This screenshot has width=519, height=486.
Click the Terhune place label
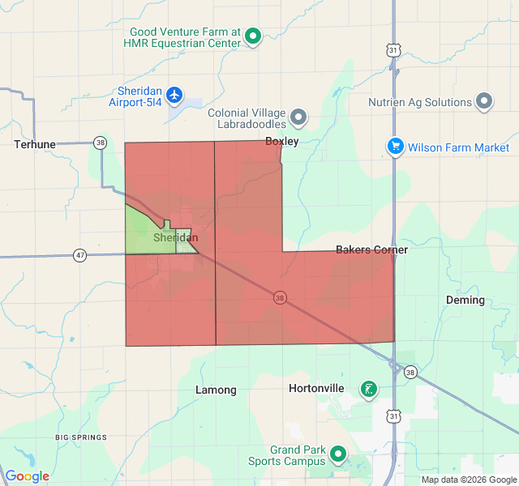[x=34, y=144]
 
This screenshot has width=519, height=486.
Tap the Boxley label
[x=282, y=141]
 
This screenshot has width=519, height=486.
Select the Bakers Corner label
[x=371, y=249]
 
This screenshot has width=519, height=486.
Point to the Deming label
[x=465, y=300]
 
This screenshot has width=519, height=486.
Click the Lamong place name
[x=216, y=390]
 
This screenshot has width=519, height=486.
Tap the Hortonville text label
[x=316, y=389]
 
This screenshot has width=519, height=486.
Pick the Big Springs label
[x=81, y=437]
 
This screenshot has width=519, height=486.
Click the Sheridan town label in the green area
[x=175, y=238]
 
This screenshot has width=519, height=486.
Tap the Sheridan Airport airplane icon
[x=174, y=96]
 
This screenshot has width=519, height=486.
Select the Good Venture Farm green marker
[x=253, y=36]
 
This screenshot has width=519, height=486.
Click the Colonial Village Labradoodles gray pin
[x=298, y=117]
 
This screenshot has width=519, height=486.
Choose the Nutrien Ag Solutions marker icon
[x=484, y=102]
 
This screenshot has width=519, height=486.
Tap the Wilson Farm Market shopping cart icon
[x=395, y=147]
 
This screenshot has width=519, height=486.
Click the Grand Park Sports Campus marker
[x=338, y=455]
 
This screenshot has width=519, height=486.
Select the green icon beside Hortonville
[x=369, y=389]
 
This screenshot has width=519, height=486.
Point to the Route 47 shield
[x=79, y=255]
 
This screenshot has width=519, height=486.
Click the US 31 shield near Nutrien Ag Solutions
[x=393, y=50]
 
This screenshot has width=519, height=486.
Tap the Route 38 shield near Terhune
[x=100, y=143]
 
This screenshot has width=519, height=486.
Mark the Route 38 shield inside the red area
[x=279, y=297]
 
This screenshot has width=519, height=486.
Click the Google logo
[x=27, y=476]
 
